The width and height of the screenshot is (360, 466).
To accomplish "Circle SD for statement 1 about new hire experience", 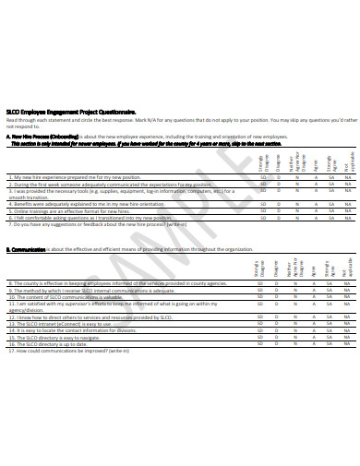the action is tap(262, 176).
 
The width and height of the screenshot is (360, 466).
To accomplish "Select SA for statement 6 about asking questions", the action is tap(330, 218).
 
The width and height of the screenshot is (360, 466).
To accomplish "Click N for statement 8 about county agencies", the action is tap(296, 283).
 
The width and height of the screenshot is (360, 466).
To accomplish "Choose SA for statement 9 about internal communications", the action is tap(330, 291).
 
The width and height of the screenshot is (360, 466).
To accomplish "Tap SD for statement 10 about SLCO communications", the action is tap(262, 297).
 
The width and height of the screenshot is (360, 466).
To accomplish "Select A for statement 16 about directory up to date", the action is tap(313, 344).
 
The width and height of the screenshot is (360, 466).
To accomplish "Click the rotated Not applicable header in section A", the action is tap(347, 161).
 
